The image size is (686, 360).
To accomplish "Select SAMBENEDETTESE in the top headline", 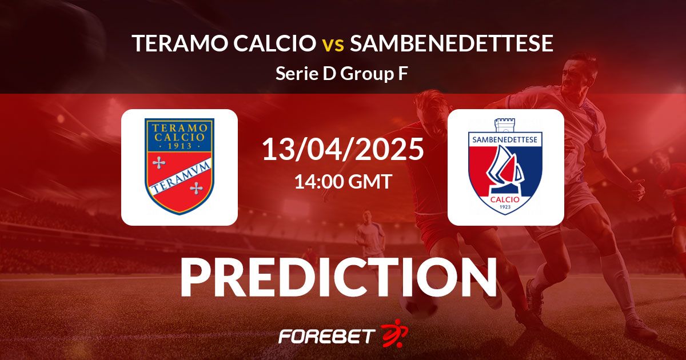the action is [x=452, y=43].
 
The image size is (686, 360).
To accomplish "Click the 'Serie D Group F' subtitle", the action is [x=342, y=74].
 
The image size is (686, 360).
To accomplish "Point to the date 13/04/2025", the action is [x=343, y=149].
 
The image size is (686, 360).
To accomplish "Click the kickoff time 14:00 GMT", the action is [x=343, y=181].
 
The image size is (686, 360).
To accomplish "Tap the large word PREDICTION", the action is [x=338, y=277].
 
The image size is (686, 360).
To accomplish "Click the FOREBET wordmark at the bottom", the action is [x=327, y=336].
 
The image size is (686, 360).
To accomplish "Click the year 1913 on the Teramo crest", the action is [x=180, y=146].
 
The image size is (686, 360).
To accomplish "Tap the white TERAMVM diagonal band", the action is [x=180, y=176].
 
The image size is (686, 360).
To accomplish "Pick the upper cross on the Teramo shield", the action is [x=159, y=163].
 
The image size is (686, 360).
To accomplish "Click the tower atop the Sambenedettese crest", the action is [x=505, y=126].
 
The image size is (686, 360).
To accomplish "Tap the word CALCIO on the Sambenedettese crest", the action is [x=505, y=199].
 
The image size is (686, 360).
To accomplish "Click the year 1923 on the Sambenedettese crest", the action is [x=505, y=207].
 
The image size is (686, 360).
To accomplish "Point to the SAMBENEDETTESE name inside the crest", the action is [x=505, y=140].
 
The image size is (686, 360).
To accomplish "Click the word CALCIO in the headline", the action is [x=274, y=43].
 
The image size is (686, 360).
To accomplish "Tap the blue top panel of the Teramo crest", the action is [x=180, y=135].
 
